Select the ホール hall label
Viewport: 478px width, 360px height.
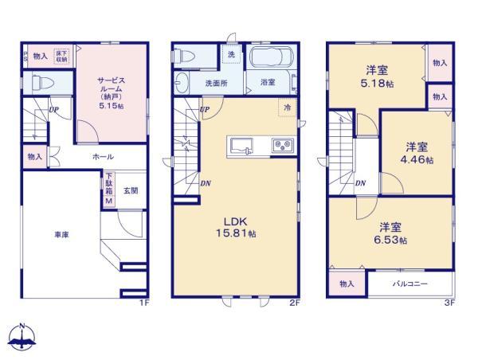(103, 157)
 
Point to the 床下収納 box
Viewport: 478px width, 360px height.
(61, 56)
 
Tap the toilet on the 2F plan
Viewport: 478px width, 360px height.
(183, 56)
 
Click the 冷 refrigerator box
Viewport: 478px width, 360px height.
(284, 107)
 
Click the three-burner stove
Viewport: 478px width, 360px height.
(284, 146)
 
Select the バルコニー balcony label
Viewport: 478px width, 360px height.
(411, 284)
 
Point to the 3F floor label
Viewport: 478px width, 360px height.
(448, 303)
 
